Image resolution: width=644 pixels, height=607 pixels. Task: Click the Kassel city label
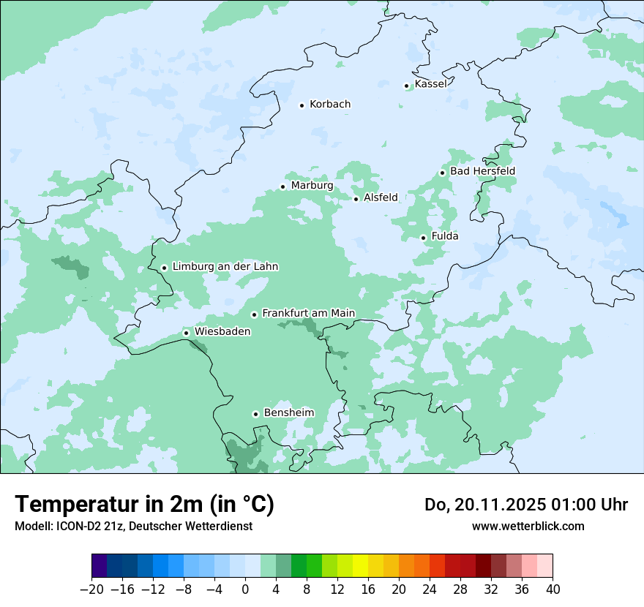pyautogui.click(x=430, y=84)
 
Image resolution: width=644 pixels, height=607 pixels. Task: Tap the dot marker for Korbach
pyautogui.click(x=302, y=105)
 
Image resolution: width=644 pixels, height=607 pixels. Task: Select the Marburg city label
pyautogui.click(x=312, y=186)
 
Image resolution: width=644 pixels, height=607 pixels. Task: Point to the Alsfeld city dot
pyautogui.click(x=356, y=199)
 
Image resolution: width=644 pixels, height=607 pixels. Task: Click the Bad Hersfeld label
pyautogui.click(x=482, y=171)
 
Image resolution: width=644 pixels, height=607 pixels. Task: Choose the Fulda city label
pyautogui.click(x=445, y=236)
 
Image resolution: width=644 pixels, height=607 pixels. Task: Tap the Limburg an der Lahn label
pyautogui.click(x=225, y=267)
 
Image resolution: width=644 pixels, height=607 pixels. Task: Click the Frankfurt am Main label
pyautogui.click(x=308, y=313)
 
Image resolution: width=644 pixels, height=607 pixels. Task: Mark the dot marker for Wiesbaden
pyautogui.click(x=187, y=333)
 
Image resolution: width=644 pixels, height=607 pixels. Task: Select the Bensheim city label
pyautogui.click(x=288, y=412)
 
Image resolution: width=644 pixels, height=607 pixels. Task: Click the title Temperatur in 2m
pyautogui.click(x=144, y=505)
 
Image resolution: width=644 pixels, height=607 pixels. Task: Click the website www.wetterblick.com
pyautogui.click(x=528, y=526)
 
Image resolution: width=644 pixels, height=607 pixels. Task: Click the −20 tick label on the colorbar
pyautogui.click(x=91, y=589)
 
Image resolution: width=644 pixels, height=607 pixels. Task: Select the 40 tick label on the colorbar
pyautogui.click(x=553, y=589)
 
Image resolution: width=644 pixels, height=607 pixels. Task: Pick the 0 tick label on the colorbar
pyautogui.click(x=245, y=589)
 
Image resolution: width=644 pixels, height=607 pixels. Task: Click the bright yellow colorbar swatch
pyautogui.click(x=360, y=566)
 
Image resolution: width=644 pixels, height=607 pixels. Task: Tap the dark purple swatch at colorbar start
pyautogui.click(x=100, y=566)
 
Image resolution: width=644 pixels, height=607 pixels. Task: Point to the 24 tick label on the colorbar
pyautogui.click(x=430, y=589)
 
